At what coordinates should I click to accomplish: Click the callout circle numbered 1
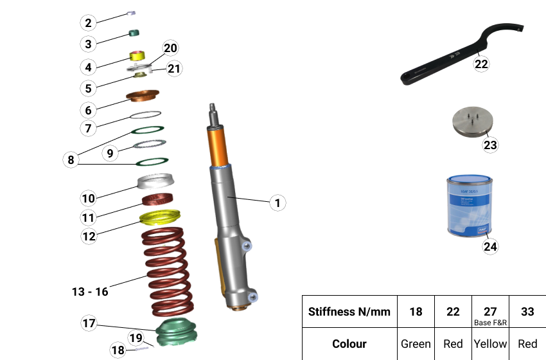click(277, 203)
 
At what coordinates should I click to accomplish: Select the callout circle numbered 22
click(482, 63)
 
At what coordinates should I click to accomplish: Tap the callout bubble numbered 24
click(490, 246)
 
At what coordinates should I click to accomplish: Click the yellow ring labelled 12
click(160, 218)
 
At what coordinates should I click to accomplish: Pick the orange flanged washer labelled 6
click(143, 96)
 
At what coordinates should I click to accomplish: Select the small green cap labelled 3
click(135, 33)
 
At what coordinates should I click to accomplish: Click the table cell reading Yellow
click(490, 344)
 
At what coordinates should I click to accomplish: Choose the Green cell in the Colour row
click(416, 344)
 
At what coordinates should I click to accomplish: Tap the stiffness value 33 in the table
click(527, 312)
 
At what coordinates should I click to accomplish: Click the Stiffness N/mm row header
click(349, 312)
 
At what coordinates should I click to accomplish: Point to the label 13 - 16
click(90, 292)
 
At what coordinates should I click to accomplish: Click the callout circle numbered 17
click(89, 323)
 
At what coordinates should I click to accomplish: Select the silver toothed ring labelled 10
click(156, 182)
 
